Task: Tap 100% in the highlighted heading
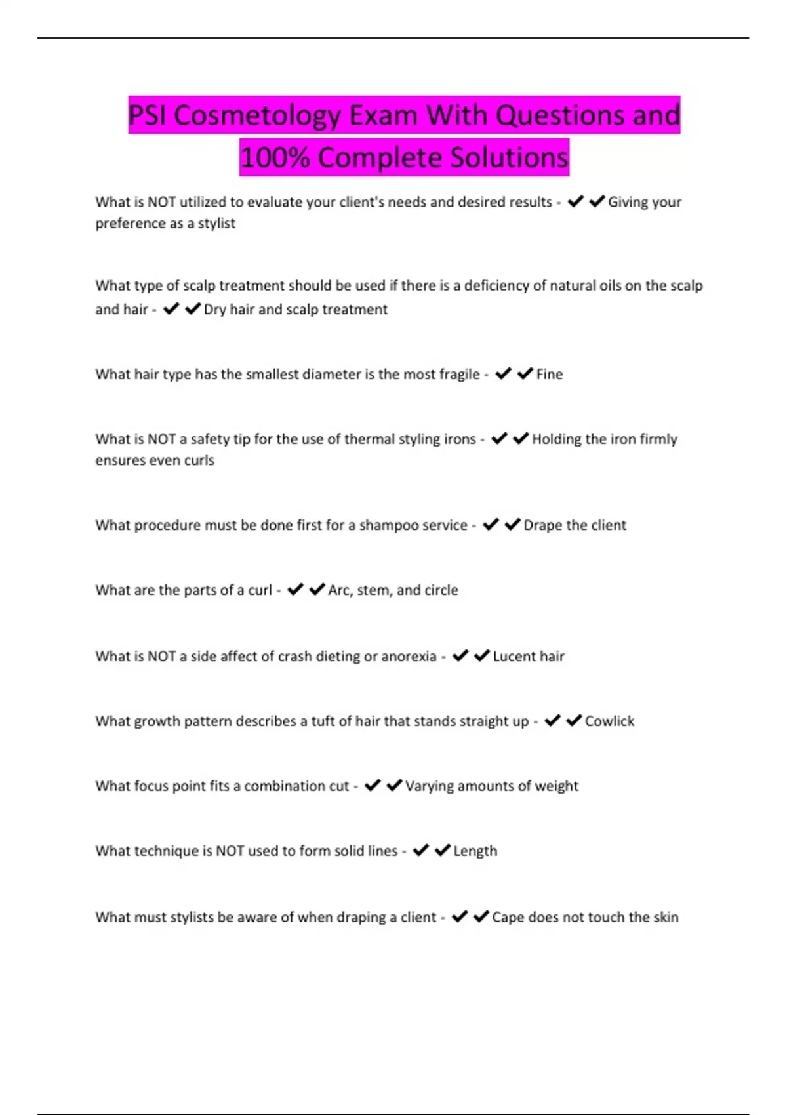(275, 158)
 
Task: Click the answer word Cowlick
(609, 721)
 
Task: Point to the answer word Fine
(550, 375)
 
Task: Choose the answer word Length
(475, 851)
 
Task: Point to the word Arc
(339, 590)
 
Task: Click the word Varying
(429, 786)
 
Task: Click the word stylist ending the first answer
(216, 224)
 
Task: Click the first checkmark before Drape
(491, 525)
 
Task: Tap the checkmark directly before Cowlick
(574, 721)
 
